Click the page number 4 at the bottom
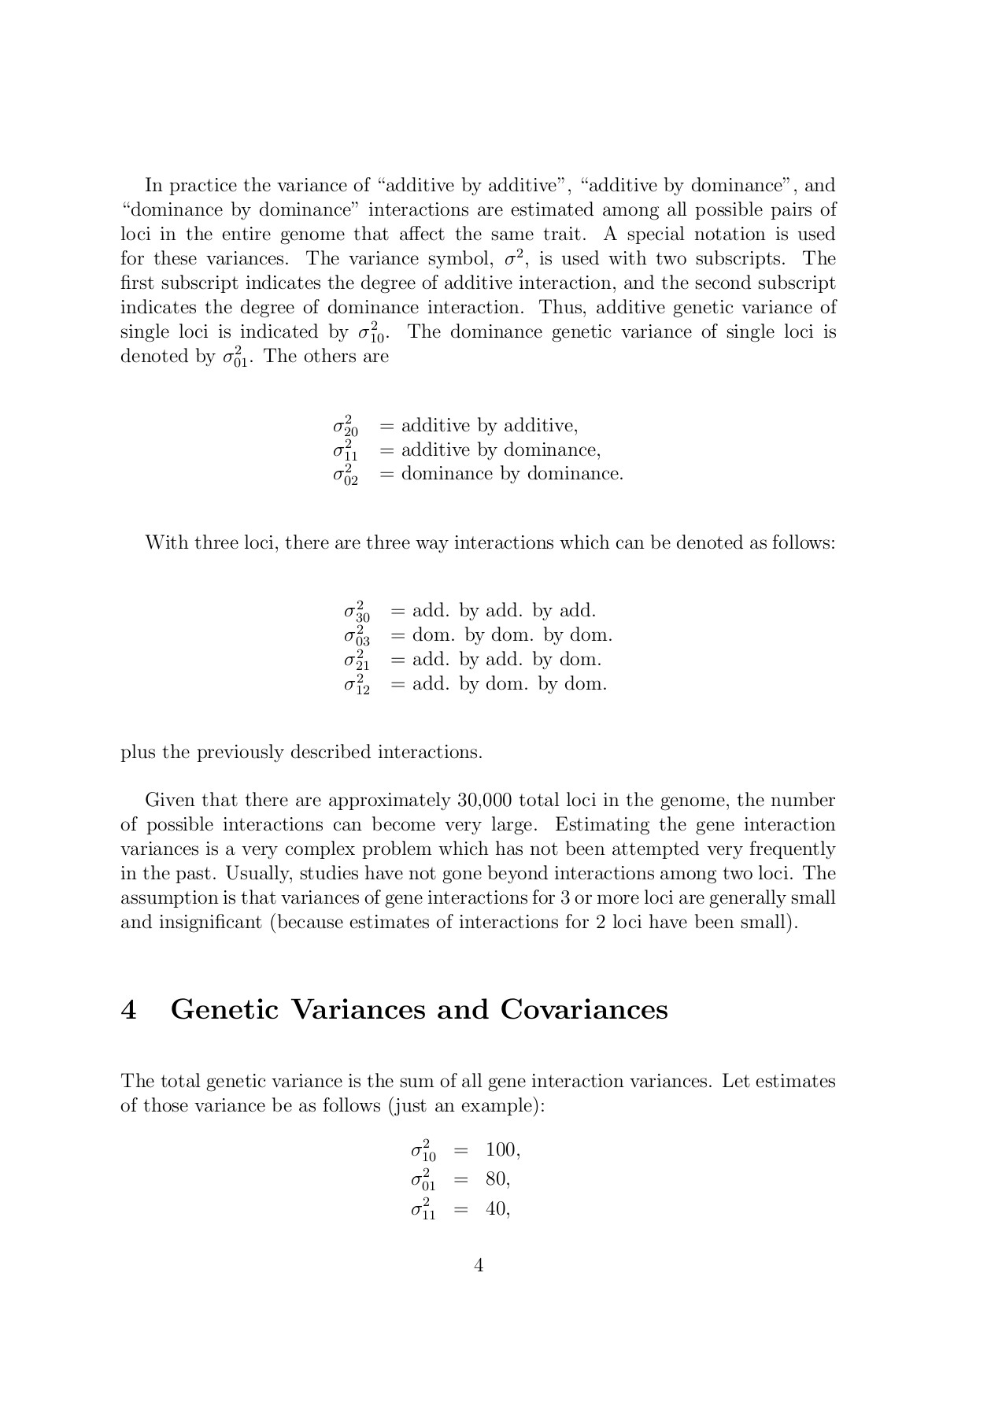pos(479,1265)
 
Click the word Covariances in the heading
pos(583,1009)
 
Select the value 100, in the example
pos(503,1150)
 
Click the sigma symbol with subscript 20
pos(345,427)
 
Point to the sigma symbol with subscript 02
pos(345,475)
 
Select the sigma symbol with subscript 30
pos(356,612)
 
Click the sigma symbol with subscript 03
pos(356,636)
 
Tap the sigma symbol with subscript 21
pos(356,660)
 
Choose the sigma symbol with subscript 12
pos(356,685)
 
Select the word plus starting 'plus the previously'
pos(138,753)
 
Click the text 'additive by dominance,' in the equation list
pos(501,450)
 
